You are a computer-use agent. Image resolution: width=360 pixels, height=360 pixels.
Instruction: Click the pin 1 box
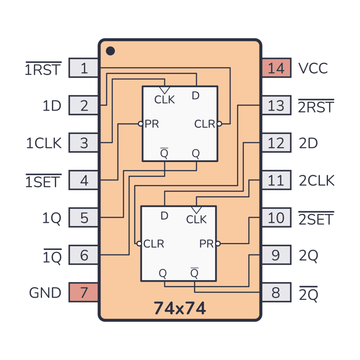click(x=84, y=68)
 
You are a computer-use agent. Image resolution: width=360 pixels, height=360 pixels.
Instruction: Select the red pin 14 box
click(x=276, y=68)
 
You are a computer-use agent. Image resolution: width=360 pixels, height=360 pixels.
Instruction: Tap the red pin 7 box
click(x=84, y=292)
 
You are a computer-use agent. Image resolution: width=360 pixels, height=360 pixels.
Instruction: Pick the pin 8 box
click(x=276, y=292)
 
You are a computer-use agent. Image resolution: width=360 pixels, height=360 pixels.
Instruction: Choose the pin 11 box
click(x=276, y=180)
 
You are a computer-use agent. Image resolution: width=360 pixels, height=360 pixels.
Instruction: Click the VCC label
click(x=313, y=68)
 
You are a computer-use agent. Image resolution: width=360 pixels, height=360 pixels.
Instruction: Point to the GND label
click(x=45, y=293)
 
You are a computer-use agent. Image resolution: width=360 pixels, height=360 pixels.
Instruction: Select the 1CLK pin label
click(x=44, y=143)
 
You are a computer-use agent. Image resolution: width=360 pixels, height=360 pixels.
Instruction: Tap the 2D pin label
click(x=308, y=143)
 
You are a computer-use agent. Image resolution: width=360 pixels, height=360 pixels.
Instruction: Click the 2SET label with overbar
click(x=316, y=218)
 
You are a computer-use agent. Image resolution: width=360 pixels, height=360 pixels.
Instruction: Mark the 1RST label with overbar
click(x=43, y=68)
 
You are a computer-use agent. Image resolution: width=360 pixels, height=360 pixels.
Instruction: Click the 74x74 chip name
click(x=180, y=308)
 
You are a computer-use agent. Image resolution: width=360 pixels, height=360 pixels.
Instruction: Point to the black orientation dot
click(x=110, y=51)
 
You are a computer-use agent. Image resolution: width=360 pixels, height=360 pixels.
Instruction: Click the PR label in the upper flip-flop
click(x=152, y=124)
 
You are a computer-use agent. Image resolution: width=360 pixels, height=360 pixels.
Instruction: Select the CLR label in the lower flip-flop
click(x=154, y=244)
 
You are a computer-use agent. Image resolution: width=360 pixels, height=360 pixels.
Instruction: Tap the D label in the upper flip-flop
click(x=196, y=96)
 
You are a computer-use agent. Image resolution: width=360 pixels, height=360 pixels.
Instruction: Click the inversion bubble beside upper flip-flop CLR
click(x=219, y=124)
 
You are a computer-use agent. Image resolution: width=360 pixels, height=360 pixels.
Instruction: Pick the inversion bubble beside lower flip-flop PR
click(x=218, y=243)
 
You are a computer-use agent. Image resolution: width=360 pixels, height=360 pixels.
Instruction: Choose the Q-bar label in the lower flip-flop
click(x=194, y=273)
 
